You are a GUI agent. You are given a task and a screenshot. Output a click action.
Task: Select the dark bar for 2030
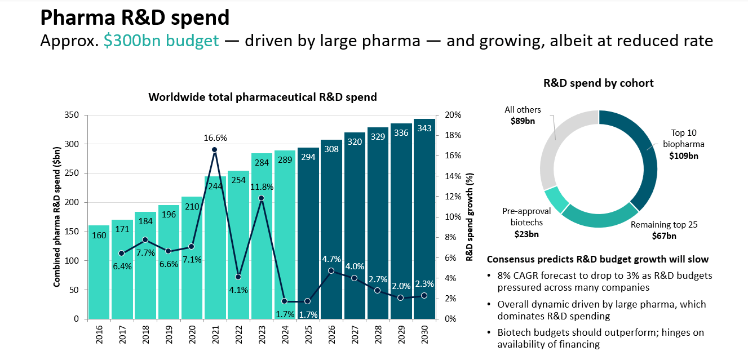(424, 225)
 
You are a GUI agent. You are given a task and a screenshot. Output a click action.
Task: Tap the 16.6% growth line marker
(215, 150)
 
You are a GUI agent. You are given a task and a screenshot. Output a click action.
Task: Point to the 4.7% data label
(331, 259)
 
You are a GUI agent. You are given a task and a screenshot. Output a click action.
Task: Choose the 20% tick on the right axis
(453, 115)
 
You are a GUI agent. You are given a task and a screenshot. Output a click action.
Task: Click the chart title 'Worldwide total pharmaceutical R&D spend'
(262, 97)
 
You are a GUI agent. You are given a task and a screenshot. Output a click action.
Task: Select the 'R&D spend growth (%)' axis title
(469, 217)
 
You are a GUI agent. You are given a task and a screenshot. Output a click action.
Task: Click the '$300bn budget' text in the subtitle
(161, 41)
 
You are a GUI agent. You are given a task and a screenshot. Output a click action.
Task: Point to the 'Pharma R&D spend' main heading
(135, 17)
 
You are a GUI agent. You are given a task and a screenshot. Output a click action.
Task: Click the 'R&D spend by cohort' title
(598, 83)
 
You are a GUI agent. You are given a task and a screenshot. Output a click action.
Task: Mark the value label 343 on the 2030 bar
(424, 128)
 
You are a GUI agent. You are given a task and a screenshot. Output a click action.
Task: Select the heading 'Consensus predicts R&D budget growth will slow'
(597, 259)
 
